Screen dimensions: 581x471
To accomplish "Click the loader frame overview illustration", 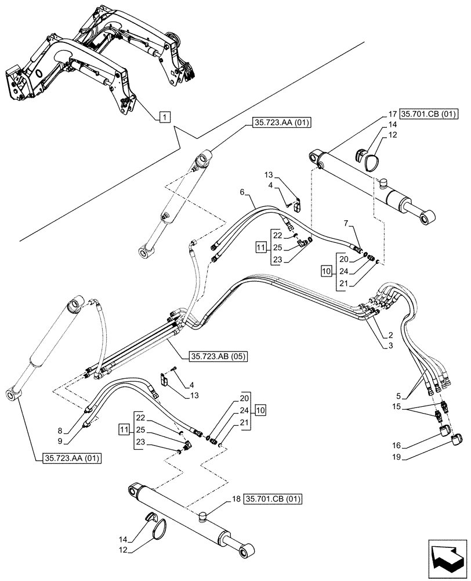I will pyautogui.click(x=93, y=58).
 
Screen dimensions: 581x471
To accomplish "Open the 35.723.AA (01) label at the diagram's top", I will pyautogui.click(x=282, y=123).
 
